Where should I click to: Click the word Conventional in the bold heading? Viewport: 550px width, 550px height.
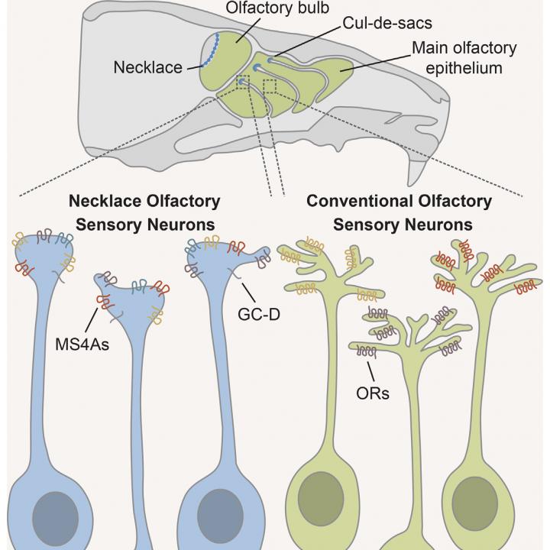[x=358, y=202]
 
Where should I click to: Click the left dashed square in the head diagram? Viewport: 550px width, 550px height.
[x=244, y=80]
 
